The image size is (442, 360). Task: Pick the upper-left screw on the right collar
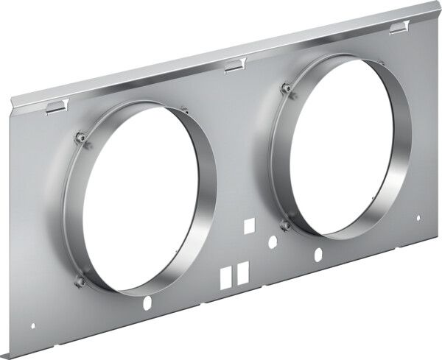pos(286,89)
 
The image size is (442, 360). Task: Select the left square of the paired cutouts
pos(225,275)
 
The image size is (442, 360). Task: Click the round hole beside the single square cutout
pos(273,240)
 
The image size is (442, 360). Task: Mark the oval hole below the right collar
pos(318,255)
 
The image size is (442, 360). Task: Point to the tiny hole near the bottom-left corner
pos(32,325)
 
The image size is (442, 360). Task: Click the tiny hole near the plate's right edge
pos(418,218)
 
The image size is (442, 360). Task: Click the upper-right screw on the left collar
pos(183,110)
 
